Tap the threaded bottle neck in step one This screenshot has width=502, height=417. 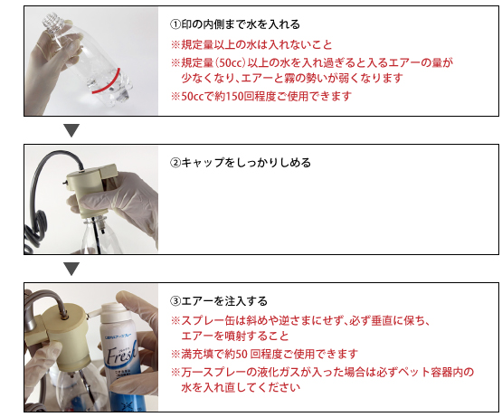tap(52, 21)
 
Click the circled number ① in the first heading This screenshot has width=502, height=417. tap(175, 24)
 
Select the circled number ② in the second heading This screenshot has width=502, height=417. tap(175, 163)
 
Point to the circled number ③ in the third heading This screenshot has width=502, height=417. tap(175, 301)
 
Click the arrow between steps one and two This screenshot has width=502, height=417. tap(71, 130)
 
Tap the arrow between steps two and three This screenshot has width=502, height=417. tap(71, 269)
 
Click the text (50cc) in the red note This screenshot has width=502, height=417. tap(230, 62)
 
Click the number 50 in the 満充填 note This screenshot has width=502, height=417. tap(242, 355)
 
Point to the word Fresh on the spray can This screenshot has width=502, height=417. tap(121, 354)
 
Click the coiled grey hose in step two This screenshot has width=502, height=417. tap(36, 227)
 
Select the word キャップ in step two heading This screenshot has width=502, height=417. tap(203, 163)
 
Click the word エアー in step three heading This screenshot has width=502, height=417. tap(197, 301)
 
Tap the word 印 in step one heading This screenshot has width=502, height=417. tap(186, 24)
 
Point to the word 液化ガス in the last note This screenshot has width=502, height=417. tap(279, 373)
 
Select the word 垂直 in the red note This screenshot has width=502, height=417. tap(382, 320)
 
